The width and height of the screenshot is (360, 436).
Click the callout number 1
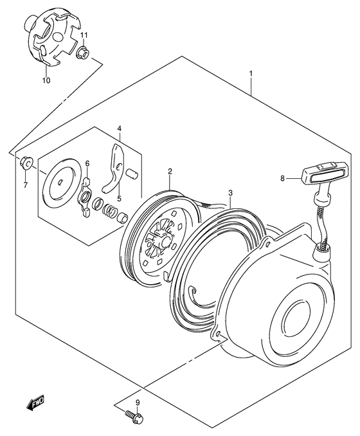coord(251,75)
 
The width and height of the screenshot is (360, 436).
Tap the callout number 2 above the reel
coord(170,171)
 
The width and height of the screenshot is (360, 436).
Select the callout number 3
coord(230,192)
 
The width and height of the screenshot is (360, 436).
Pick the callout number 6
coord(87,164)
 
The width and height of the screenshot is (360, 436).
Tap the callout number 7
coord(26,185)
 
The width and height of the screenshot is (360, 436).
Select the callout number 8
coord(282,179)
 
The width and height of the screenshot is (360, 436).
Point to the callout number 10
coord(46,81)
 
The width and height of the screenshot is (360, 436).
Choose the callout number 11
coord(84,35)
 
